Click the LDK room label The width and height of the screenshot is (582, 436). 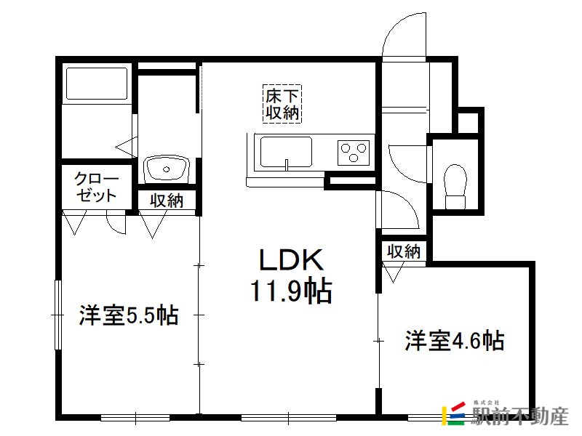pos(291,259)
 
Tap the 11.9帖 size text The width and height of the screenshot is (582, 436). pos(291,291)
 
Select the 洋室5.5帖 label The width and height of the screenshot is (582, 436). pos(129,315)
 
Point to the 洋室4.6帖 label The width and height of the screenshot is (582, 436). pos(455,340)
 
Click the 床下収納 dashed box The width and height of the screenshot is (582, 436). pos(282,104)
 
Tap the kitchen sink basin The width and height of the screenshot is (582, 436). pos(286,152)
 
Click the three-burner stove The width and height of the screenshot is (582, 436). pos(354,153)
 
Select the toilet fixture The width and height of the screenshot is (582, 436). pos(455,187)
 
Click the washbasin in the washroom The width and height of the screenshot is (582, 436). pos(167,170)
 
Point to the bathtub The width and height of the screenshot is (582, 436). pos(97,84)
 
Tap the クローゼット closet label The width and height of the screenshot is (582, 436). pos(96,187)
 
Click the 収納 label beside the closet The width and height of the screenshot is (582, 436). pos(167,201)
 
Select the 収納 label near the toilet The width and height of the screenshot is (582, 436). pos(404,251)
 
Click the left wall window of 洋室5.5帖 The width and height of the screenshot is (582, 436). pos(57,315)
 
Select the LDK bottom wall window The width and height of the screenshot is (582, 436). pos(289,418)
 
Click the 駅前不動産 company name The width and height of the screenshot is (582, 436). pos(519,416)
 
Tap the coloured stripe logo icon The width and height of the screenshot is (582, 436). pos(453,413)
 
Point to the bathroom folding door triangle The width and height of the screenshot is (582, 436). pos(126,147)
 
